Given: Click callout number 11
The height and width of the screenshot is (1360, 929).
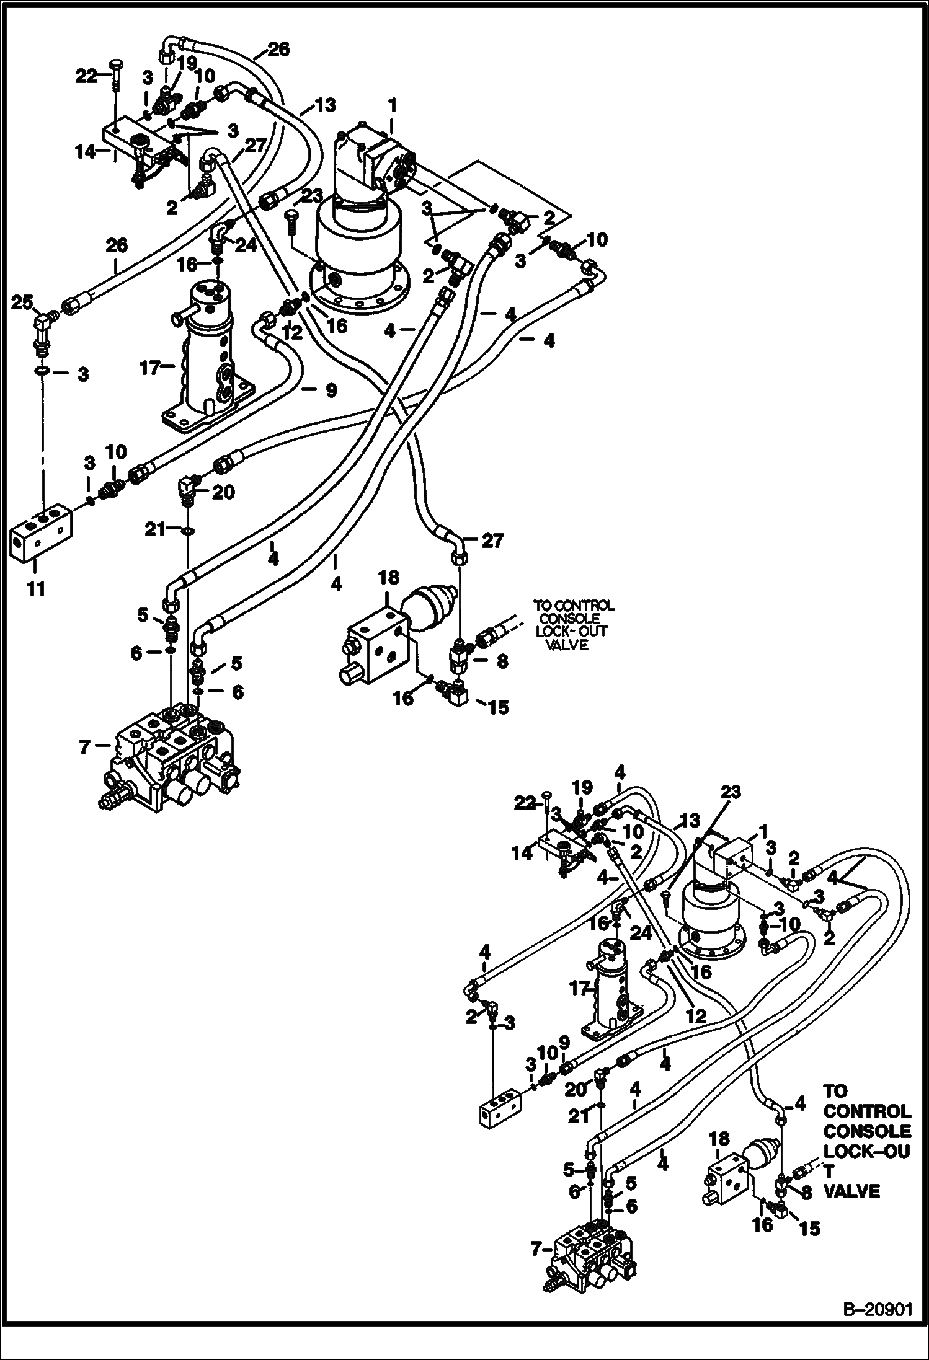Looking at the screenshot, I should point(37,588).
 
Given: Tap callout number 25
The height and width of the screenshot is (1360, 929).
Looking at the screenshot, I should point(23,303).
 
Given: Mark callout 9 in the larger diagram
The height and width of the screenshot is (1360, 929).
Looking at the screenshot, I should point(331,390).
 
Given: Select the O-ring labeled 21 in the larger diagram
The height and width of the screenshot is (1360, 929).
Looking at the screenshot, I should point(189,531).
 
